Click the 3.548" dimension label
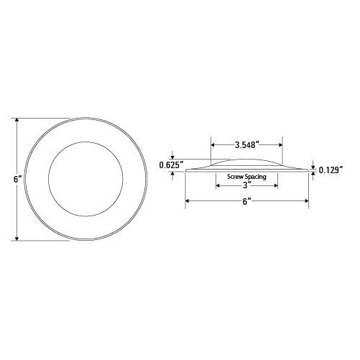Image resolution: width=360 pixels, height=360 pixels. click(x=247, y=145)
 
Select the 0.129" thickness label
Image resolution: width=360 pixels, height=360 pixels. click(x=331, y=170)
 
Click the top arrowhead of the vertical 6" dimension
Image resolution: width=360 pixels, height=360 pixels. click(x=17, y=120)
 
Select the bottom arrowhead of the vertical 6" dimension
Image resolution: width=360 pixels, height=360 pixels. click(x=17, y=239)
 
